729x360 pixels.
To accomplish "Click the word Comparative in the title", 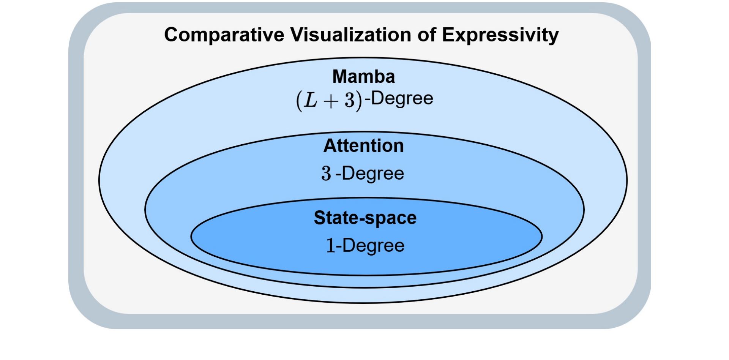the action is [224, 35].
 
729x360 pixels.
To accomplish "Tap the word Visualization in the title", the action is [351, 35].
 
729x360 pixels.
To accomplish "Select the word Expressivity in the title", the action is [500, 35].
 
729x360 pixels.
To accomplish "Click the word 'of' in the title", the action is [426, 35].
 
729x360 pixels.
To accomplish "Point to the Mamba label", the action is [364, 77].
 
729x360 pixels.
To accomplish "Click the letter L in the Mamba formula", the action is [310, 101].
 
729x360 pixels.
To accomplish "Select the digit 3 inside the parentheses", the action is [349, 101].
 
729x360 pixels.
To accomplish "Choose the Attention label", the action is [363, 146].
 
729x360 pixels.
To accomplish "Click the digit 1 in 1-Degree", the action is [331, 246].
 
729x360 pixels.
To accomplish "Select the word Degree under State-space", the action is [373, 246].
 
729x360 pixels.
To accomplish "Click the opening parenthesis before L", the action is [299, 101].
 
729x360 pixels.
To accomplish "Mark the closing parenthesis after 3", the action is [359, 101].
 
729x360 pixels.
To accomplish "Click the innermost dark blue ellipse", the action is [366, 236].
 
